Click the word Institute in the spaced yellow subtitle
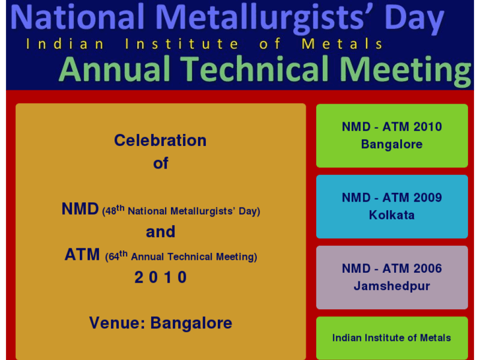[182, 44]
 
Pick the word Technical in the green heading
[255, 69]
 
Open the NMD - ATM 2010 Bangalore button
[392, 135]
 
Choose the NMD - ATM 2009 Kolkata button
[392, 206]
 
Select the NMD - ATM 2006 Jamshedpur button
[392, 277]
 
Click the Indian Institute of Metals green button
[392, 338]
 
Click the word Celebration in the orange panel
[160, 140]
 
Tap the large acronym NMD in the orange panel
[80, 209]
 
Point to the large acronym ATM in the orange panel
[83, 254]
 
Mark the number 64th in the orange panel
[118, 255]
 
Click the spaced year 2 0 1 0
[160, 277]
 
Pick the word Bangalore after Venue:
[191, 323]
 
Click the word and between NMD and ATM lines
[160, 232]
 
